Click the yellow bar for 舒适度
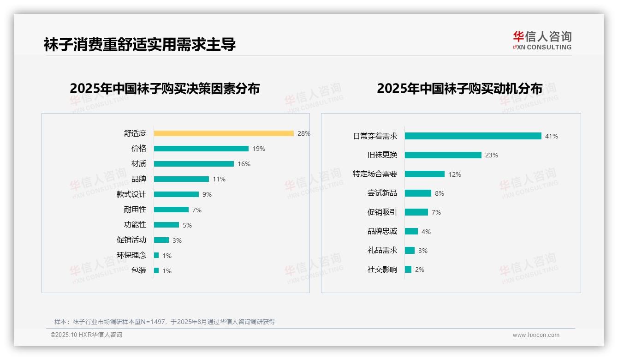tap(224, 133)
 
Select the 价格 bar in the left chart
tap(201, 149)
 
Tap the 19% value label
tap(259, 149)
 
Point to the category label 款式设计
tap(131, 194)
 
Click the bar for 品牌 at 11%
tap(181, 179)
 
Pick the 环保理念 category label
tap(131, 255)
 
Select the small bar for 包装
tap(156, 270)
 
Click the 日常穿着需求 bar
tap(473, 136)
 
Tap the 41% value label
tap(552, 136)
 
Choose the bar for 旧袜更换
tap(443, 155)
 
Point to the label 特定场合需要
tap(375, 174)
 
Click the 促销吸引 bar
tap(416, 212)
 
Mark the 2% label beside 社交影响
tap(420, 270)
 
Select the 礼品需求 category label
tap(382, 250)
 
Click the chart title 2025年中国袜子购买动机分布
tap(459, 88)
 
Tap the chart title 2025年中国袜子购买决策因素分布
tap(165, 88)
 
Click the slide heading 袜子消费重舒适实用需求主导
tap(140, 44)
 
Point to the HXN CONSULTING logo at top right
tap(542, 40)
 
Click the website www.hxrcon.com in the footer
tap(536, 335)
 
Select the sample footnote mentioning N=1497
tap(165, 322)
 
